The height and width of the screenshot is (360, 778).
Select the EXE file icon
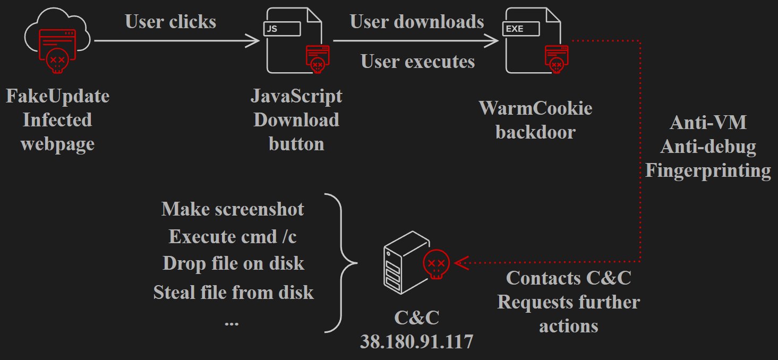(x=533, y=41)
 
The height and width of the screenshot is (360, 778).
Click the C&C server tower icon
(x=406, y=267)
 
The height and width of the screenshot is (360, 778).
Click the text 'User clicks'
(x=170, y=21)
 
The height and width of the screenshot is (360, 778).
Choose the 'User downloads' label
(x=417, y=21)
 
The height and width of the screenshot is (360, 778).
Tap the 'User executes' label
(x=417, y=62)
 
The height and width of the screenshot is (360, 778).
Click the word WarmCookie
(x=535, y=108)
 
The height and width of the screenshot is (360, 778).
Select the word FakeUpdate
(x=57, y=96)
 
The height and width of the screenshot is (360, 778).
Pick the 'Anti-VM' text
(x=708, y=123)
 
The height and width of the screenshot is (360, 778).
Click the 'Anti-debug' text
(x=708, y=147)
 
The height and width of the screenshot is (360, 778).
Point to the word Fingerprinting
(x=708, y=170)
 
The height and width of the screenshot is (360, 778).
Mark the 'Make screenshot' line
(x=233, y=209)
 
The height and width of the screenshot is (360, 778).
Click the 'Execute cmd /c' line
(x=233, y=236)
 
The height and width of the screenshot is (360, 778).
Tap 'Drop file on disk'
(x=233, y=263)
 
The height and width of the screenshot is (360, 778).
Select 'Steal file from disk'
(x=233, y=292)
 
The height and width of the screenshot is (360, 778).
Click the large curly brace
(x=340, y=263)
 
